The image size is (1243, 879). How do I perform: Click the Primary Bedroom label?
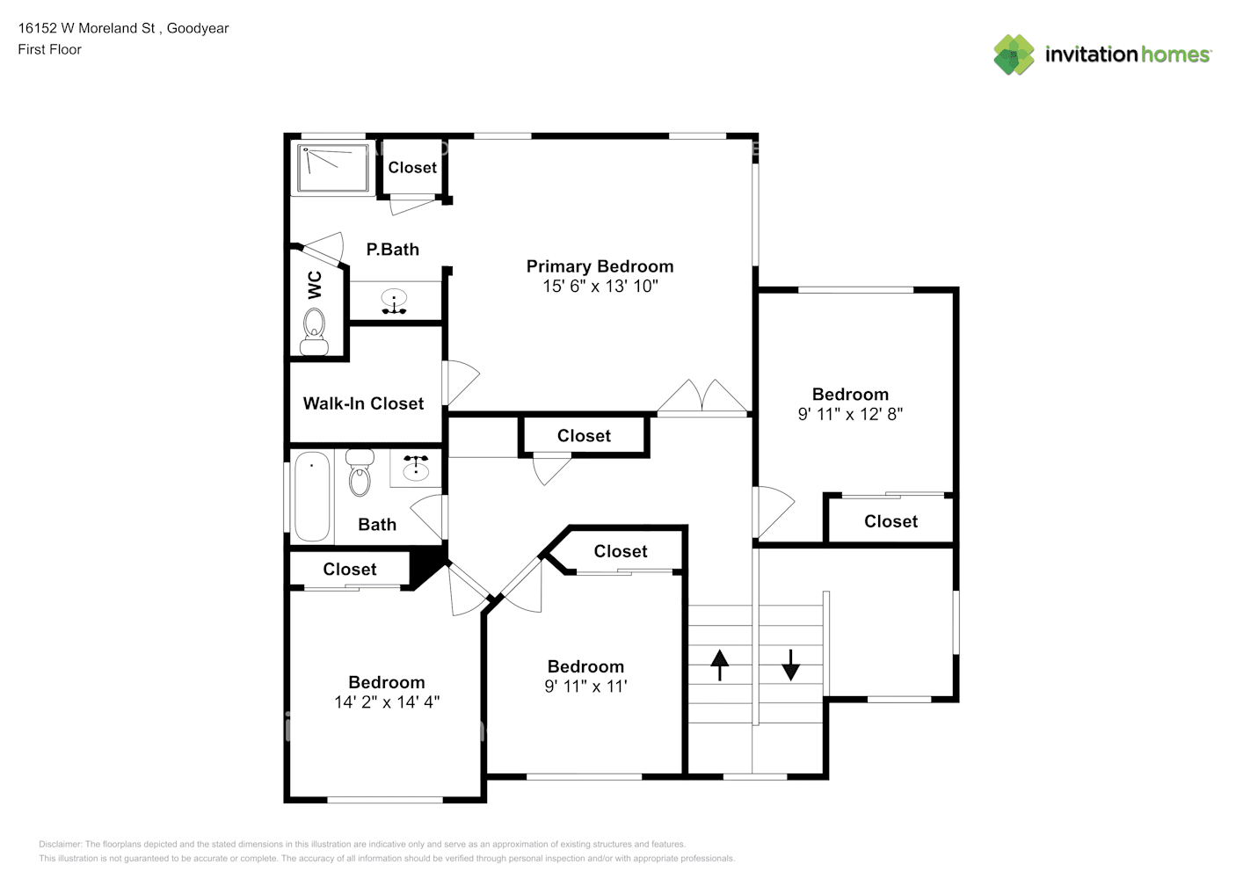click(x=600, y=266)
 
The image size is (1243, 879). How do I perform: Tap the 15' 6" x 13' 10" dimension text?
click(x=600, y=287)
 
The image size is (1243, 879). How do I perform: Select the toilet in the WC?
click(x=314, y=332)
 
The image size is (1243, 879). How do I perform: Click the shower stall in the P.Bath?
click(x=333, y=168)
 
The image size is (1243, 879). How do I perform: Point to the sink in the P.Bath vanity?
click(x=394, y=301)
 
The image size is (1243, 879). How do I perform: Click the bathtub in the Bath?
click(x=312, y=496)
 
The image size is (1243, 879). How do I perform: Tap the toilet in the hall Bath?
click(x=360, y=473)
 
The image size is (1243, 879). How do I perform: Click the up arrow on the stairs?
click(x=720, y=665)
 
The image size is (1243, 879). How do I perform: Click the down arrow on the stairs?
click(x=791, y=665)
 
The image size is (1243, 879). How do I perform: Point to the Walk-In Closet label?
click(x=363, y=403)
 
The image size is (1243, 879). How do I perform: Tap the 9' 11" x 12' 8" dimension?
click(x=850, y=415)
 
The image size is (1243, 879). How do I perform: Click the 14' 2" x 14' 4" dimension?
click(x=387, y=702)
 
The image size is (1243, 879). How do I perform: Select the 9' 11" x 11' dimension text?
click(x=586, y=686)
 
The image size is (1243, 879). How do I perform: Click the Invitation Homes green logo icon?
click(x=1014, y=54)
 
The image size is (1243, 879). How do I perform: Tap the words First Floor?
click(x=50, y=49)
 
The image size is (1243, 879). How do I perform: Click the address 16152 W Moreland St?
click(x=86, y=28)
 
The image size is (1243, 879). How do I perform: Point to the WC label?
click(x=314, y=285)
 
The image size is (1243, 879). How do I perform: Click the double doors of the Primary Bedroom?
click(x=702, y=396)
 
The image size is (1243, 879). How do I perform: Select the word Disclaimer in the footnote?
click(x=60, y=844)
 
